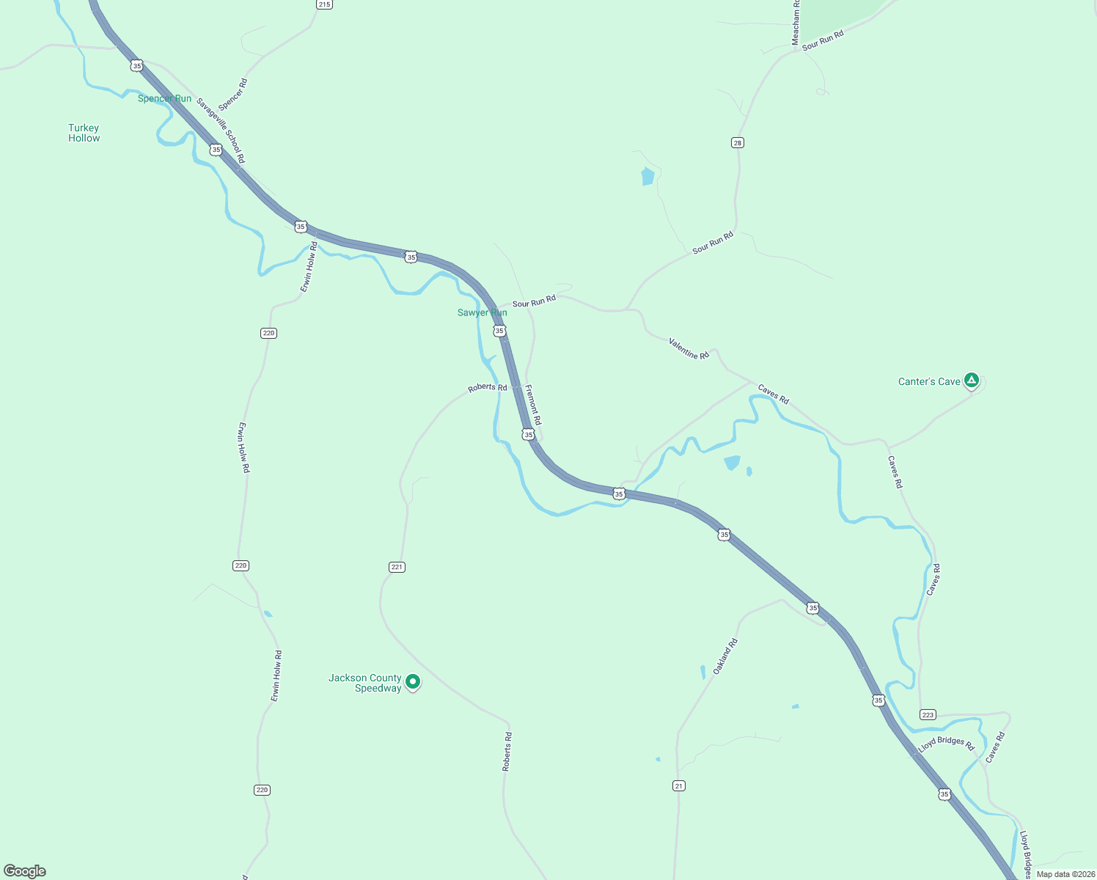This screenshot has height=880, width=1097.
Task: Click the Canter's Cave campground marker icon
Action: tap(972, 380)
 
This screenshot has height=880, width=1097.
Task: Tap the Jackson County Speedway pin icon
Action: tap(413, 682)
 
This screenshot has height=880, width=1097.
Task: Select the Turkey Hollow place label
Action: tap(84, 133)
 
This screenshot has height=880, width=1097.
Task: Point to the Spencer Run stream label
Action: tap(164, 98)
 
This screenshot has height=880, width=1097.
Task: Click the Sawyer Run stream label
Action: tap(482, 312)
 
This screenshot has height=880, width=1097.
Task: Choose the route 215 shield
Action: tap(324, 4)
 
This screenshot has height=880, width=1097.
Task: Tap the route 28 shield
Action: tap(738, 142)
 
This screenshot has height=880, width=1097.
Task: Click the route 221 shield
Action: tap(397, 567)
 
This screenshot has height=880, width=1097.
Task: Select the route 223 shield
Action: tap(928, 715)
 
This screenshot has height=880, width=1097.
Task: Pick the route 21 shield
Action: tap(679, 785)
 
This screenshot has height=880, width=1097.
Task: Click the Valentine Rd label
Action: tap(689, 348)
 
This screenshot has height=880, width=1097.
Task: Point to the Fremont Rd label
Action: tap(533, 406)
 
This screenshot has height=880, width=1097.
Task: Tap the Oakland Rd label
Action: tap(725, 656)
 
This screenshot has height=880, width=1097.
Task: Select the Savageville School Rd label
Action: tap(221, 131)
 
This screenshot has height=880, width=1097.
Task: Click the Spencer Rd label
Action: tap(233, 95)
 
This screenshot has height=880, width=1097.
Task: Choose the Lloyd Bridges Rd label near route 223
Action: tap(946, 744)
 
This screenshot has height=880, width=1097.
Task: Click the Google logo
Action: tap(25, 871)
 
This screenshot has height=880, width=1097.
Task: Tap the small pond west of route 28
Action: tap(647, 177)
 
